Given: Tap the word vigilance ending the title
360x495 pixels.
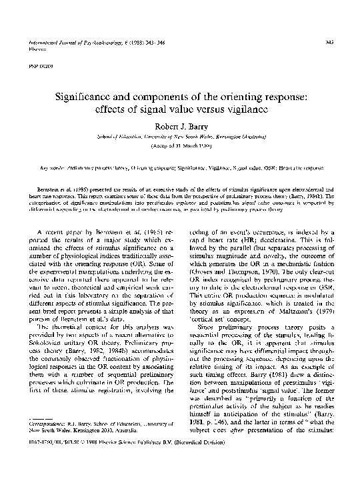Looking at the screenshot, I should click(251, 111).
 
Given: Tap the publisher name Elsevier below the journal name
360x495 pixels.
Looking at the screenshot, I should click(31, 49).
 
